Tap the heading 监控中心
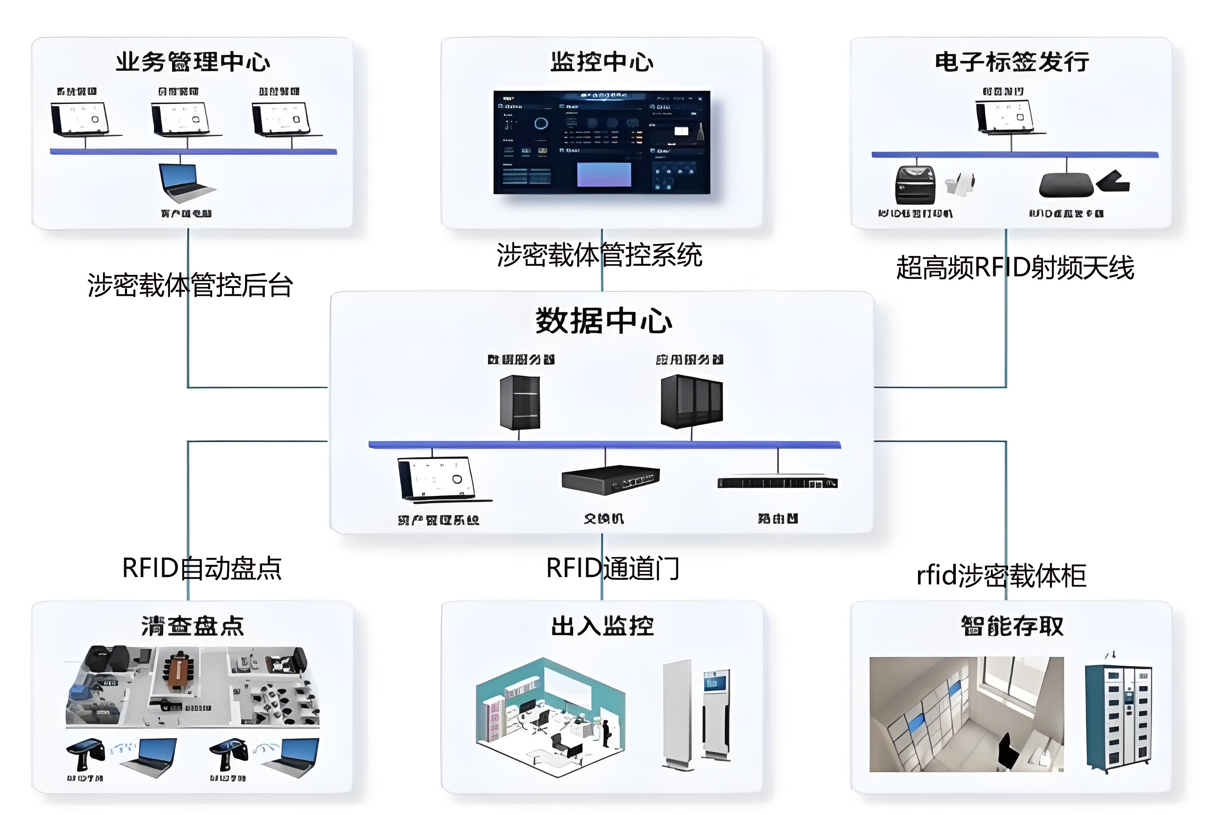click(x=602, y=62)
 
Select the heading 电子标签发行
click(x=1012, y=62)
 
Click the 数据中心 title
click(x=603, y=320)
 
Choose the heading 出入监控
click(x=602, y=626)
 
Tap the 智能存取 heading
click(x=1012, y=626)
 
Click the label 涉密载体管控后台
click(x=190, y=285)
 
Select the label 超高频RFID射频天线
click(x=1015, y=268)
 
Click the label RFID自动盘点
click(x=201, y=567)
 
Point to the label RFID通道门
click(x=612, y=567)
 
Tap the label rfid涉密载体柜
click(x=1001, y=575)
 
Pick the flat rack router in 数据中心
click(x=777, y=482)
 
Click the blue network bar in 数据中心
click(x=605, y=444)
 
